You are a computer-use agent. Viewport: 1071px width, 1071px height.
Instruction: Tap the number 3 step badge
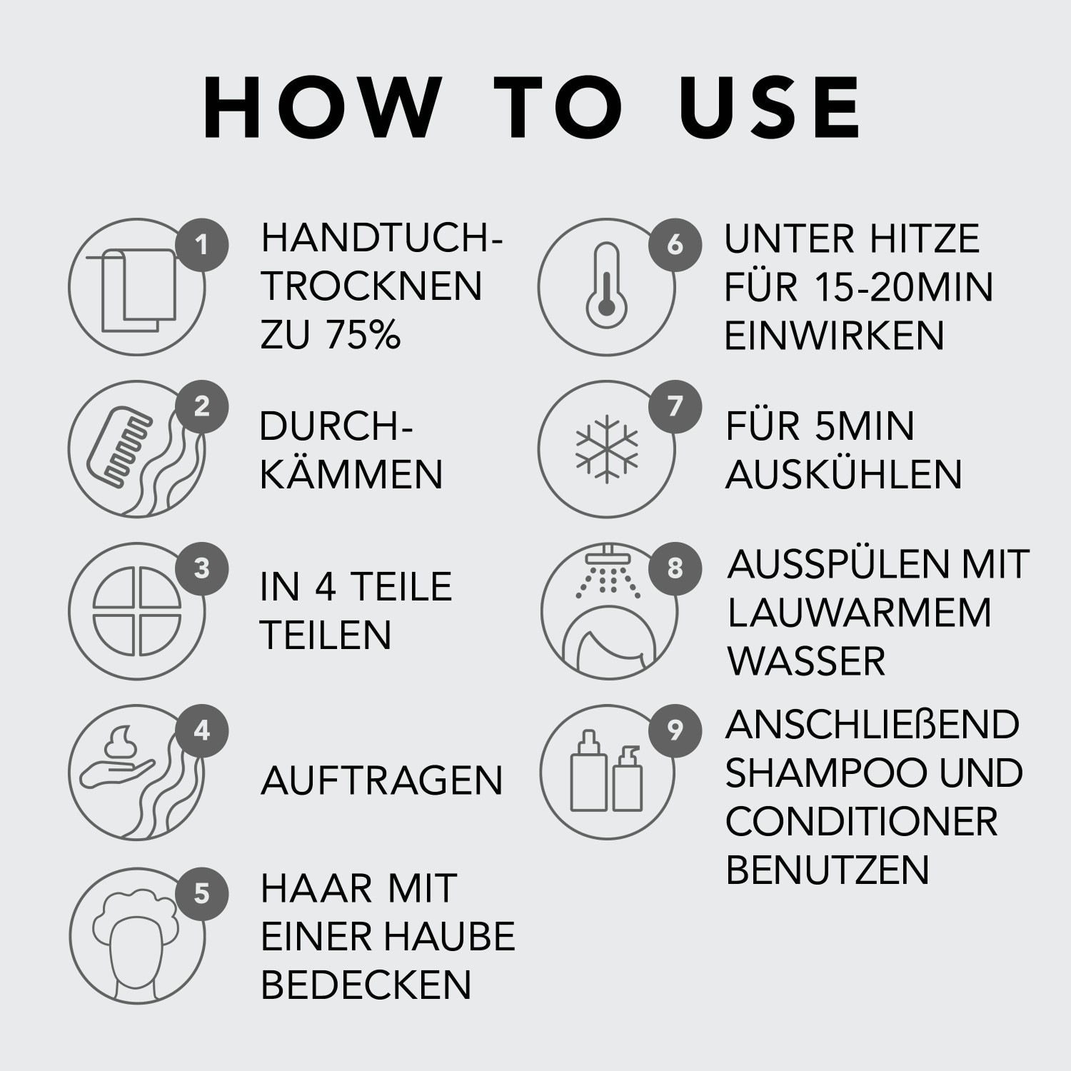pos(202,569)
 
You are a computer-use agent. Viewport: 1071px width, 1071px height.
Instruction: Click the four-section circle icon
pos(138,611)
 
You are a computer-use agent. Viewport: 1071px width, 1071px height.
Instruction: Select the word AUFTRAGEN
pos(382,780)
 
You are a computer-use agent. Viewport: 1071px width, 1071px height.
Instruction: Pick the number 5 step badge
pos(202,893)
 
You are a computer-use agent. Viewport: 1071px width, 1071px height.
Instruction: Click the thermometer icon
pos(605,286)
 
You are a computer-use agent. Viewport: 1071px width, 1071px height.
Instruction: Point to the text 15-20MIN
pos(903,287)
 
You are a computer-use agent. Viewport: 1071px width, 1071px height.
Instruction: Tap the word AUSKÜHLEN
pos(844,475)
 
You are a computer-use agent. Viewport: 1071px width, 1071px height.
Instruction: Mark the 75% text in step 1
pos(363,335)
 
